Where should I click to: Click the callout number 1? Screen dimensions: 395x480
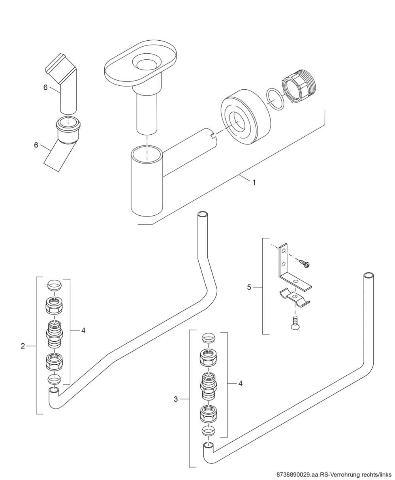tap(254, 182)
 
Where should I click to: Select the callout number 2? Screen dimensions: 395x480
tap(23, 346)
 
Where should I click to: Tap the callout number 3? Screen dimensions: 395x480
tap(176, 399)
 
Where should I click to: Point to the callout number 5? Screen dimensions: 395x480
tap(249, 287)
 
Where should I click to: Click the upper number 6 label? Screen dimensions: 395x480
tap(45, 87)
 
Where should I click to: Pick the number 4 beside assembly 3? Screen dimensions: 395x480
tap(241, 383)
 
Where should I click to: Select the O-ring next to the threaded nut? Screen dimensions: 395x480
tap(275, 99)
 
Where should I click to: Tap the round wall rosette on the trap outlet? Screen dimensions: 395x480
tap(246, 117)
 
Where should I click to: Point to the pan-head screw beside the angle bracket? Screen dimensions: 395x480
tap(305, 264)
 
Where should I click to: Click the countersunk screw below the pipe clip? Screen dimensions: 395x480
tap(295, 323)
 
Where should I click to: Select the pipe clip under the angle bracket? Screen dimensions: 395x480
tap(295, 297)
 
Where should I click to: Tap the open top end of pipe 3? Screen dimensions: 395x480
tap(369, 275)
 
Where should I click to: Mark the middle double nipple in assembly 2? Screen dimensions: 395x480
tap(55, 334)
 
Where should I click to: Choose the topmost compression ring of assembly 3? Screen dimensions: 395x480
tap(208, 337)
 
